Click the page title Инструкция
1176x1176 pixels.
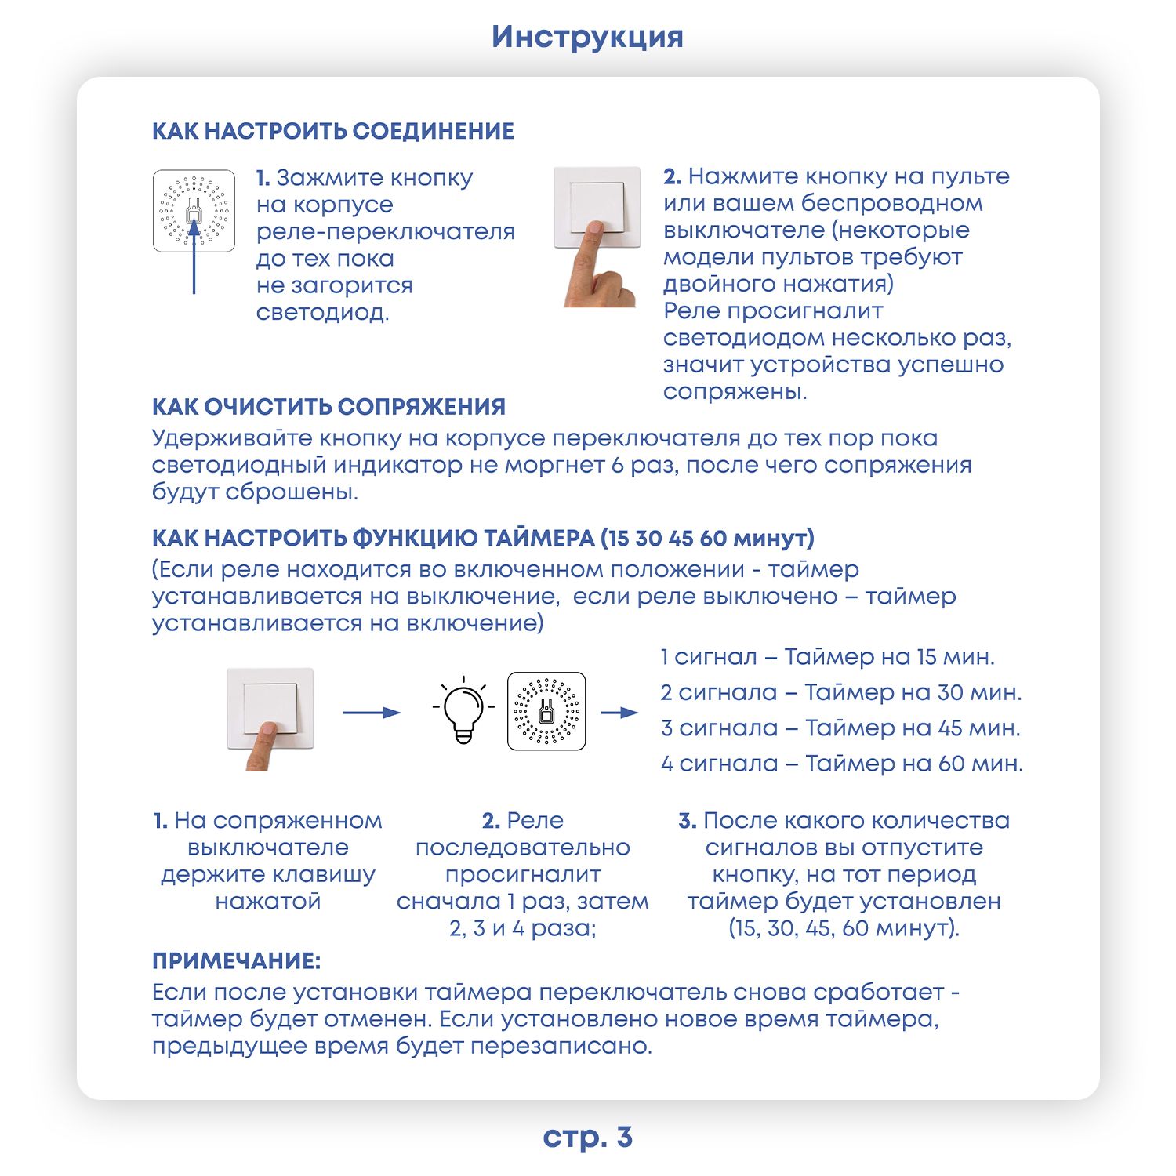(x=587, y=38)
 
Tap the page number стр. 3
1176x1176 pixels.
(x=587, y=1137)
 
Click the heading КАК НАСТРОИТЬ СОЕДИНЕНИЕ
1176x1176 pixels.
(x=333, y=131)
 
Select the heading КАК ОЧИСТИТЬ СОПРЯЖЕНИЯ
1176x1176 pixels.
(x=328, y=407)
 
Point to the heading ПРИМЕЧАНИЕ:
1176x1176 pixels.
(x=237, y=961)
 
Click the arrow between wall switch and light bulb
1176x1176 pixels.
(x=372, y=713)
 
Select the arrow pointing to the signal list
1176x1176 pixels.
(x=619, y=713)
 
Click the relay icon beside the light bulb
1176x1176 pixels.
(x=546, y=711)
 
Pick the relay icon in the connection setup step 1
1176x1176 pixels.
(x=194, y=211)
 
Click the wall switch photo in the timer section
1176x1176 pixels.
(x=270, y=719)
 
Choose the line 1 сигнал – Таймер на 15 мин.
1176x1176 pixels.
(x=827, y=657)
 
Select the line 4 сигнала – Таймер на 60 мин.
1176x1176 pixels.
(x=842, y=763)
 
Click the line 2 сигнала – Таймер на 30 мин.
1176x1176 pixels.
(x=841, y=692)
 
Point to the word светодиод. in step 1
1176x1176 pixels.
(x=322, y=313)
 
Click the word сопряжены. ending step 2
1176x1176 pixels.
(x=735, y=391)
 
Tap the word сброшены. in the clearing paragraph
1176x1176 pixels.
(x=292, y=492)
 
